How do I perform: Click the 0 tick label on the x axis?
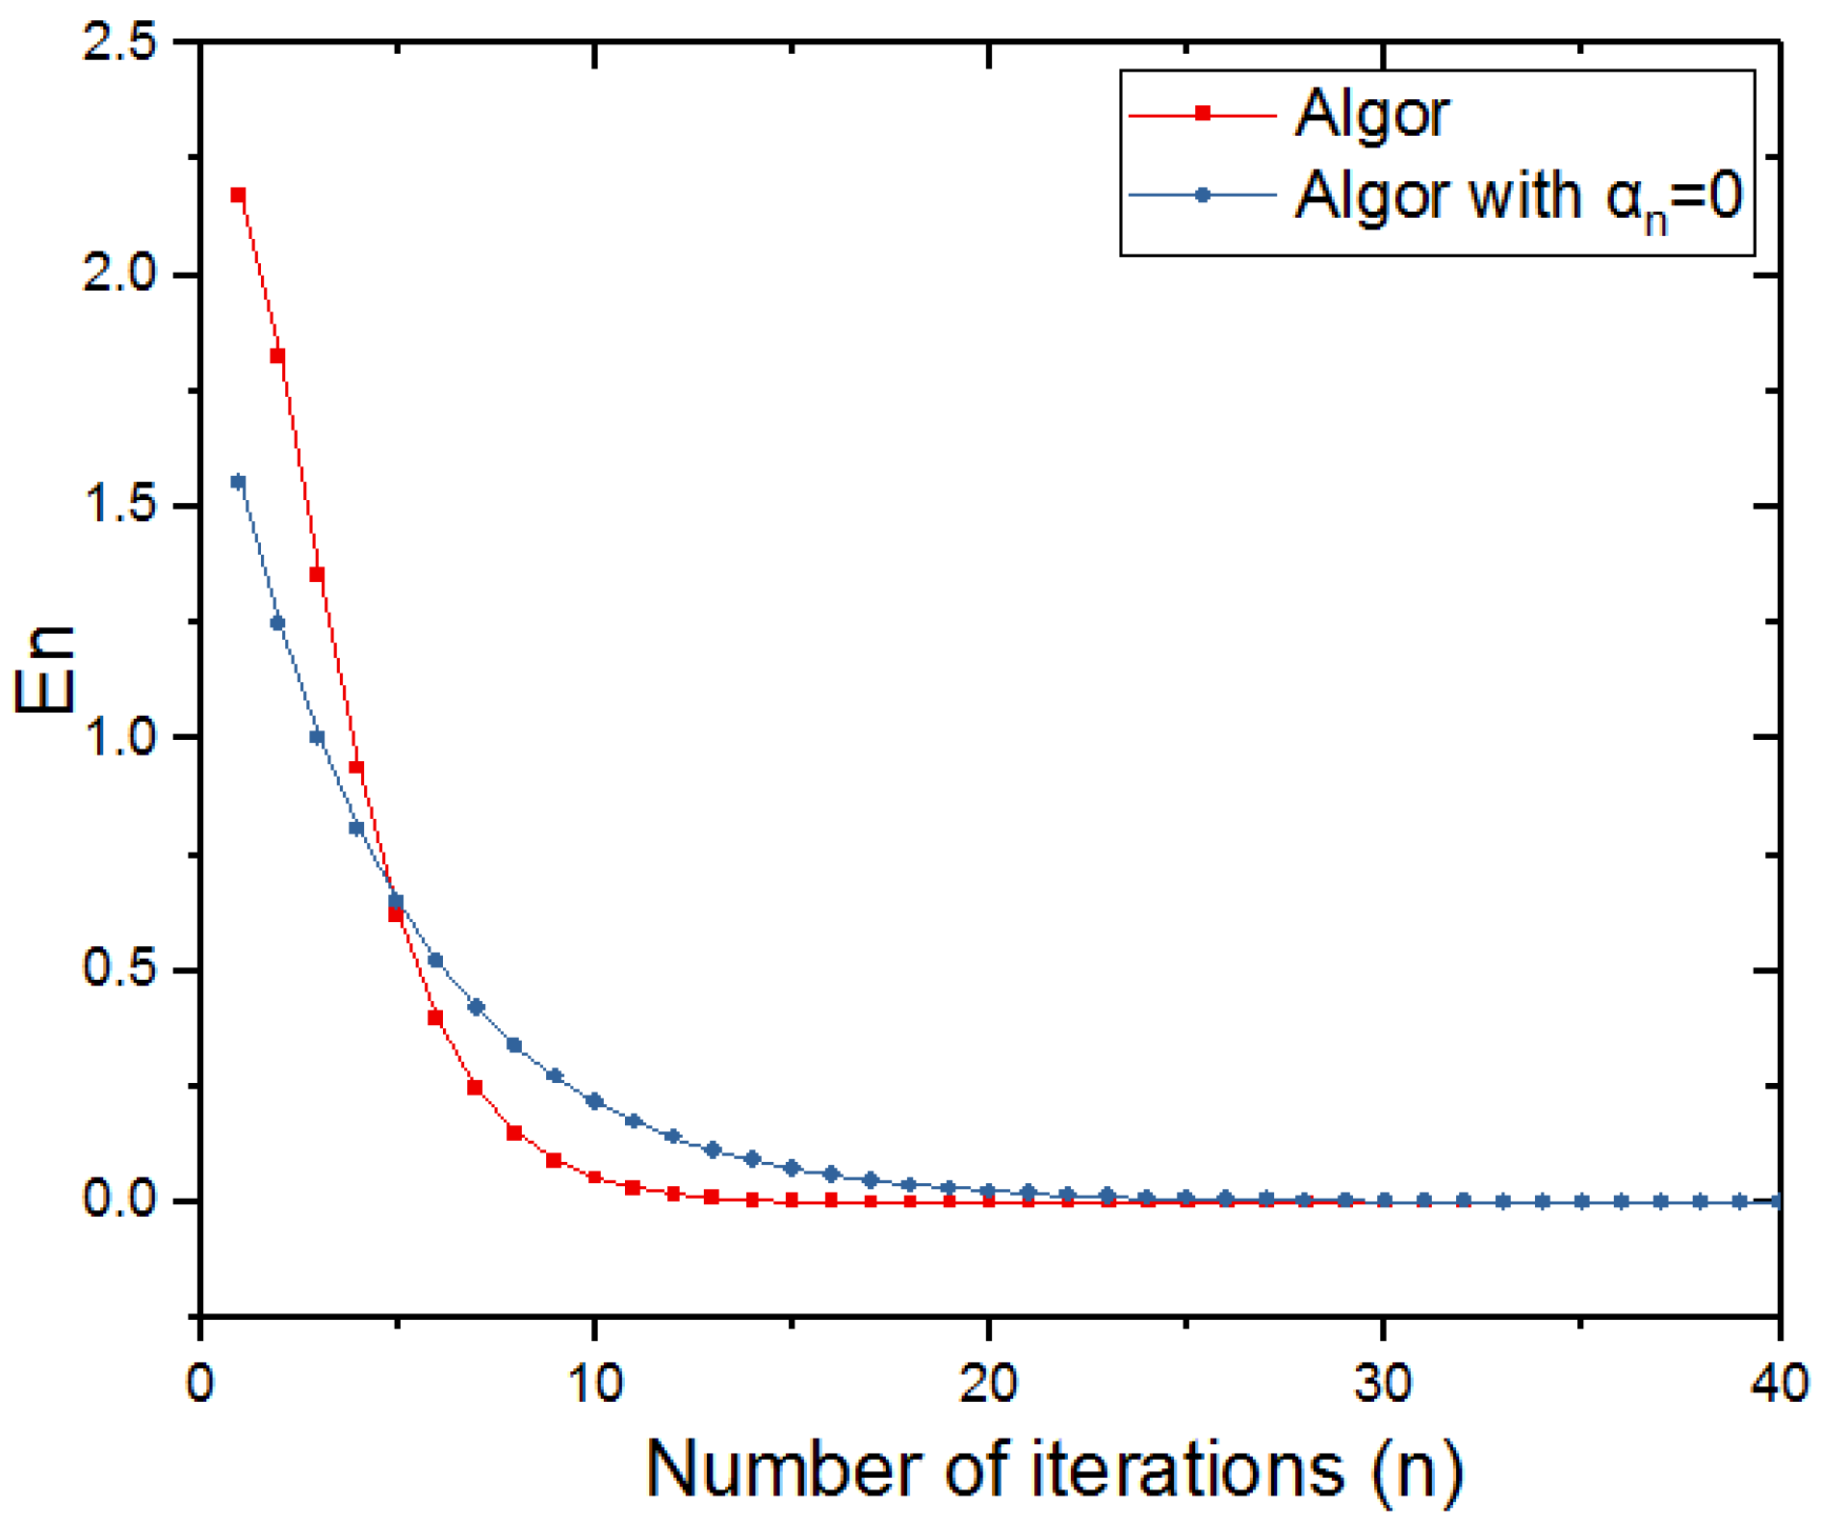tap(200, 1385)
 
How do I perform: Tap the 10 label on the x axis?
tap(594, 1385)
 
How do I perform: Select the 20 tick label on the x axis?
tap(989, 1385)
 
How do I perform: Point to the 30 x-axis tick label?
tap(1384, 1385)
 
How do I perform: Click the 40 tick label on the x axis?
tap(1778, 1385)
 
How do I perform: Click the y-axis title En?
tap(44, 671)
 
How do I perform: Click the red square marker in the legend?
tap(1203, 114)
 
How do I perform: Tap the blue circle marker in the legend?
tap(1203, 196)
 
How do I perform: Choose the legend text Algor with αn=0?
tap(1519, 198)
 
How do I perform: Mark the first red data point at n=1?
tap(239, 196)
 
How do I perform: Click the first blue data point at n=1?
tap(239, 482)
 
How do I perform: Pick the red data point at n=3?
tap(317, 574)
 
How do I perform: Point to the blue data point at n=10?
tap(594, 1101)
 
